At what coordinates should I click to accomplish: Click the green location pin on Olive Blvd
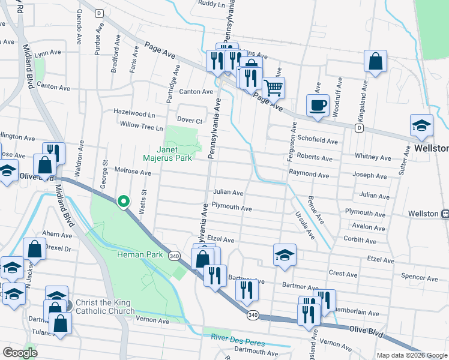pos(124,202)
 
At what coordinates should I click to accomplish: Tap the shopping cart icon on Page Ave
pos(273,88)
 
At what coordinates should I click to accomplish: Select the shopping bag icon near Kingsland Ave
pos(375,61)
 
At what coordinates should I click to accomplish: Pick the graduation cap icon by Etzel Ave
pos(285,255)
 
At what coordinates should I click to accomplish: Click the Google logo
pos(20,353)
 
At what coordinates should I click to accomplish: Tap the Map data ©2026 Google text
pos(412,355)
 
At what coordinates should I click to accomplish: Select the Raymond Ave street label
pos(309,175)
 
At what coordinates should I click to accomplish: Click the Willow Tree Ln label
pos(141,127)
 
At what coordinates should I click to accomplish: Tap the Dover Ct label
pos(190,121)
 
